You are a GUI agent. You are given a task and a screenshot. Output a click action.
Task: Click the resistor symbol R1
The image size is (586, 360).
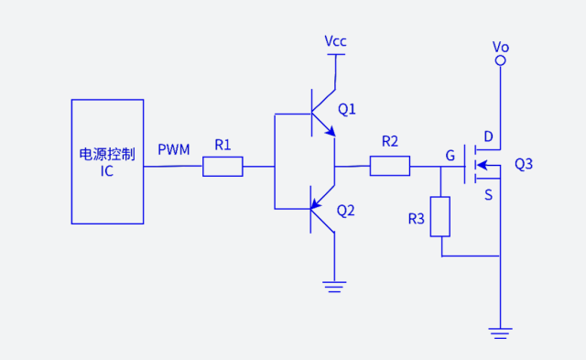coord(222,167)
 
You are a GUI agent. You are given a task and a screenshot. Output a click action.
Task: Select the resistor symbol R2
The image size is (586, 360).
coord(390,166)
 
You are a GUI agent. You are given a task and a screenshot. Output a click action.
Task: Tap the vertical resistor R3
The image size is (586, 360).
coord(441,216)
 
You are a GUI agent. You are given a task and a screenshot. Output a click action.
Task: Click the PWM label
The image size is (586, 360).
coord(174,149)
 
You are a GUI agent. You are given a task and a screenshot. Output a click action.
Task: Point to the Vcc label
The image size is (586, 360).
coord(336,42)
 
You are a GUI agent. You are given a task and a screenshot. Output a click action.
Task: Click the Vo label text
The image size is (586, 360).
coord(501,46)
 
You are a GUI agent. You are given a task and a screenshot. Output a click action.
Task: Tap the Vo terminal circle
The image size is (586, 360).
coord(501,61)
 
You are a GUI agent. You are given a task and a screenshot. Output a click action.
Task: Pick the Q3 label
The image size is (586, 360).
coord(524,165)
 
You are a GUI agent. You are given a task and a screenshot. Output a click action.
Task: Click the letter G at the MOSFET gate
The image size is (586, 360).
coord(450,156)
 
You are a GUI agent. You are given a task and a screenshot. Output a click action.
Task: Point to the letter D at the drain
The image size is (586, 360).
coord(488,137)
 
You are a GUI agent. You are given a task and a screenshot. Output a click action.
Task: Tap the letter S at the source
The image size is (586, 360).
coord(488,194)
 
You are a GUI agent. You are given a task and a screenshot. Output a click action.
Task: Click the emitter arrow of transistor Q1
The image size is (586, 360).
coord(329,132)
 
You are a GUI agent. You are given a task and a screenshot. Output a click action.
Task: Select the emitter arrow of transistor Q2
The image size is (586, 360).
coord(316,203)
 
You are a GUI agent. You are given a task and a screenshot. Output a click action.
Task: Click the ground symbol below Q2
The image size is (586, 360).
coord(335,286)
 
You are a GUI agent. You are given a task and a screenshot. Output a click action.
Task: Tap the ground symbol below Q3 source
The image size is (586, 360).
coord(501,333)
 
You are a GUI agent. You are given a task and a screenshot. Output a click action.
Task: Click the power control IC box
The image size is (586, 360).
coord(107,161)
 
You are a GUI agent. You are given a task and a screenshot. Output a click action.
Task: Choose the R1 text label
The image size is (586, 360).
coord(222,145)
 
